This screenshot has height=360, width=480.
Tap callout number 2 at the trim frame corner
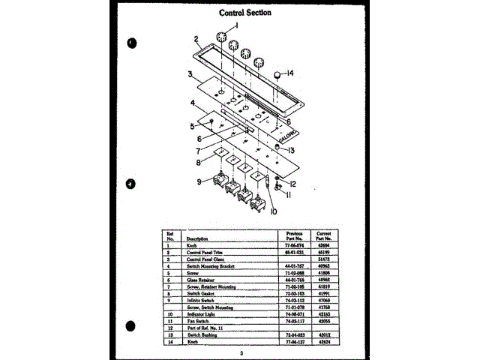pos(195,39)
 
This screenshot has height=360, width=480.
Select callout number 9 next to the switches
pos(200,181)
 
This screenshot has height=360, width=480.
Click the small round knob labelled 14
pos(277,75)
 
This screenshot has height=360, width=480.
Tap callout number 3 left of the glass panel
pos(191,74)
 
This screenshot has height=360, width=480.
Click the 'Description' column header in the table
pos(187,238)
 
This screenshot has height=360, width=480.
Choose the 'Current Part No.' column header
pos(324,235)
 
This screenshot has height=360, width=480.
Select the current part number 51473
pos(323,259)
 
